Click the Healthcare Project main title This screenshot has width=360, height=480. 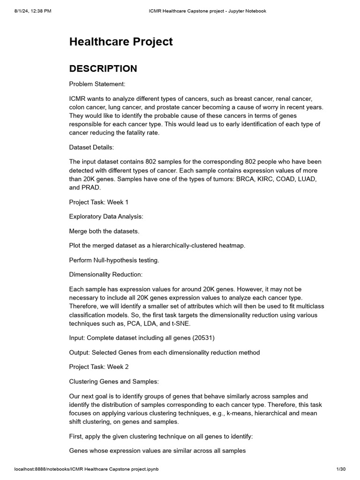click(x=121, y=42)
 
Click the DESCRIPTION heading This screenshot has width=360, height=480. click(x=103, y=68)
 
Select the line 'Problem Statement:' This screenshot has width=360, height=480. click(x=97, y=84)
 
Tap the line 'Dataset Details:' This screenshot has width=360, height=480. click(x=91, y=147)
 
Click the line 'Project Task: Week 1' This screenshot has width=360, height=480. click(x=98, y=202)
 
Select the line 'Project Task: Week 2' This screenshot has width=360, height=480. click(x=98, y=367)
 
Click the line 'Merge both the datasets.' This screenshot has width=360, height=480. click(x=105, y=231)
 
